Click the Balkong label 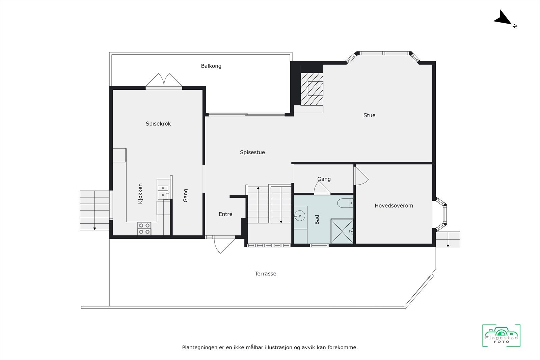211,66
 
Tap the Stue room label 369,115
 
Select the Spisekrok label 158,124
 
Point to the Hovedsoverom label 394,206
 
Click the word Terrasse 265,274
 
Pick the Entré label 225,214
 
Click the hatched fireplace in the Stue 312,89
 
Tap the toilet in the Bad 345,203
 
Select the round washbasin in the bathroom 299,215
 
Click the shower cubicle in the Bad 342,231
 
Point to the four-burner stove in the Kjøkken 144,228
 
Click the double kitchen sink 163,192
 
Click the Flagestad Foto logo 501,335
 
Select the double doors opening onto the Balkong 164,81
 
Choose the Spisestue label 252,153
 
